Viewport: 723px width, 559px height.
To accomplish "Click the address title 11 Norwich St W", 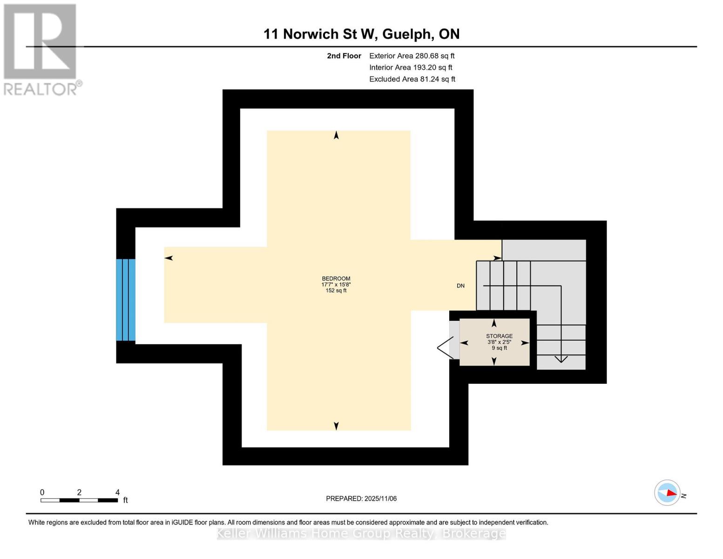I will point(361,34).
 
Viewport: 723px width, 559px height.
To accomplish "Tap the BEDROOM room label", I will point(336,279).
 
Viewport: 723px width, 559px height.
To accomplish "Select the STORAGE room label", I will point(499,336).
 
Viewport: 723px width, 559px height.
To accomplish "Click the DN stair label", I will point(460,286).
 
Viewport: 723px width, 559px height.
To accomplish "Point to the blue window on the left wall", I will point(126,300).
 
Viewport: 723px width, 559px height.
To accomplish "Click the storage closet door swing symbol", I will point(445,348).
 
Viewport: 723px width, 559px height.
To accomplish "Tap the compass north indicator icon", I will point(668,492).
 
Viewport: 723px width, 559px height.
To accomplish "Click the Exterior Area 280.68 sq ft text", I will point(412,56).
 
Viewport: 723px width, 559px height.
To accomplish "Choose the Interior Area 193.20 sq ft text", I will point(411,68).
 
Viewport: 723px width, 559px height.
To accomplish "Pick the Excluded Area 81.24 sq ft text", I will point(412,79).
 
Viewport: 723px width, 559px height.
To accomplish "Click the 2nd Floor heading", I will point(344,56).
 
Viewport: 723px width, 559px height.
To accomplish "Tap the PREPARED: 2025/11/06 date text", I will point(361,498).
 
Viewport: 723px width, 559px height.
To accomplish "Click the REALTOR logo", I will point(41,49).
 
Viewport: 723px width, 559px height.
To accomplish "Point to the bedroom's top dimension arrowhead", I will point(336,135).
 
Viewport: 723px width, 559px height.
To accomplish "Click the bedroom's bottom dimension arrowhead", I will point(336,426).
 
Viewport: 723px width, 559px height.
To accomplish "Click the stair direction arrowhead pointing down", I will point(561,359).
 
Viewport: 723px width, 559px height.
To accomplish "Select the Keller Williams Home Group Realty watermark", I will point(361,533).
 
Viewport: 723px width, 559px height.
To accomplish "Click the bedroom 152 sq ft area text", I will point(336,291).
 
